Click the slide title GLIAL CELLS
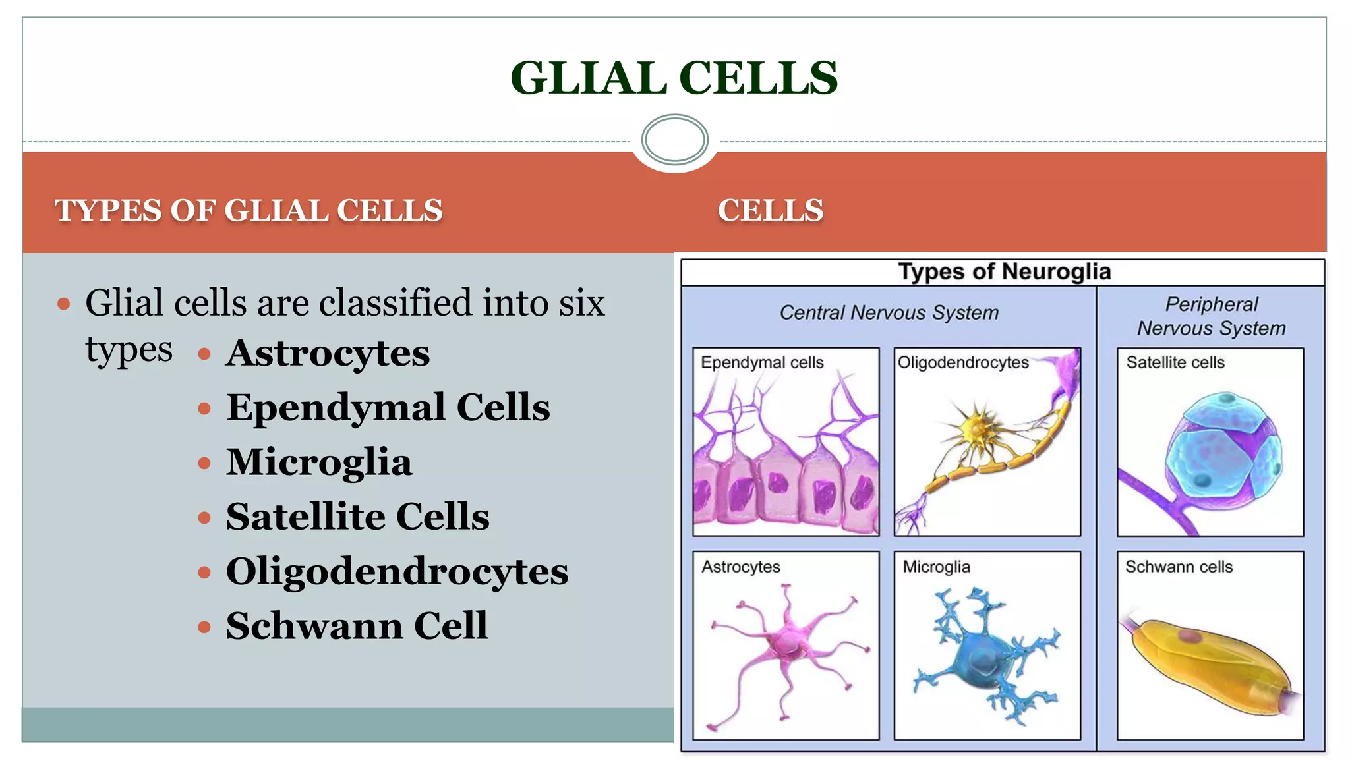[674, 78]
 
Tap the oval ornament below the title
[674, 139]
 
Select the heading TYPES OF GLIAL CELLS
[249, 211]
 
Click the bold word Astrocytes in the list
[328, 352]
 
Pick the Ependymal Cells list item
[388, 407]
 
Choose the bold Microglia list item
[319, 462]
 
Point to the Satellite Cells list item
[357, 517]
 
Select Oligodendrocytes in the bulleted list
[397, 571]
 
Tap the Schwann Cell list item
[357, 626]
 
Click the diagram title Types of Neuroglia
[1004, 271]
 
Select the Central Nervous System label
[889, 312]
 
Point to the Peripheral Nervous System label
[1211, 316]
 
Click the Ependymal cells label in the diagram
[762, 362]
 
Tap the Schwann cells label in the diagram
[1179, 567]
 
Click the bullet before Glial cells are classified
[64, 304]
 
